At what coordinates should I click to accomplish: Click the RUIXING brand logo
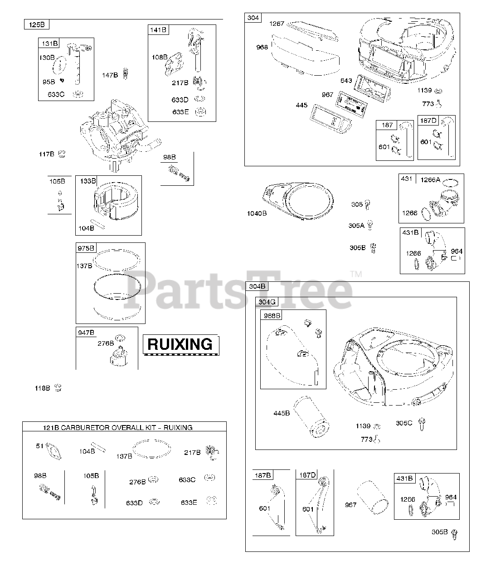point(180,344)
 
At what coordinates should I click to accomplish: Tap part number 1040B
point(257,213)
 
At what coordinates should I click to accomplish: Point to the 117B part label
point(46,155)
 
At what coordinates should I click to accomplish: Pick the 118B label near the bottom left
point(43,388)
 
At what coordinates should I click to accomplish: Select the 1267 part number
point(277,24)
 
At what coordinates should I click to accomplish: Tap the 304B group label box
point(256,286)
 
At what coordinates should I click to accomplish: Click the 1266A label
point(430,180)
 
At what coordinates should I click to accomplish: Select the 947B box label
point(86,333)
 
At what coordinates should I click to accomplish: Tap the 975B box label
point(86,248)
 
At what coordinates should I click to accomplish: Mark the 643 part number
point(346,81)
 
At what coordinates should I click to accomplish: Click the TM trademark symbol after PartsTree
point(356,274)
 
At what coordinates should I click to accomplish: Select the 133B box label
point(88,181)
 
